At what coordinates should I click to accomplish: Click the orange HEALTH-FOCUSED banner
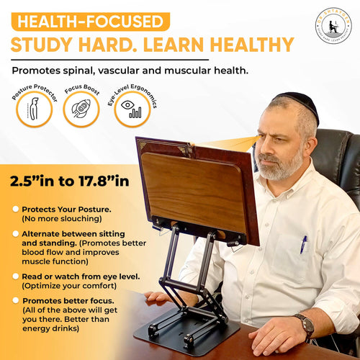[90, 21]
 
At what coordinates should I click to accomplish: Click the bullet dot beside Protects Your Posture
[15, 209]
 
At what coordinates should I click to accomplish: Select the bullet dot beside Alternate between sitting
[15, 234]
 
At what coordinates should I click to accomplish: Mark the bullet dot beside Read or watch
[15, 275]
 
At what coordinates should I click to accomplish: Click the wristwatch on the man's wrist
[307, 326]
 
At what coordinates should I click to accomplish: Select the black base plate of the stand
[186, 335]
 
